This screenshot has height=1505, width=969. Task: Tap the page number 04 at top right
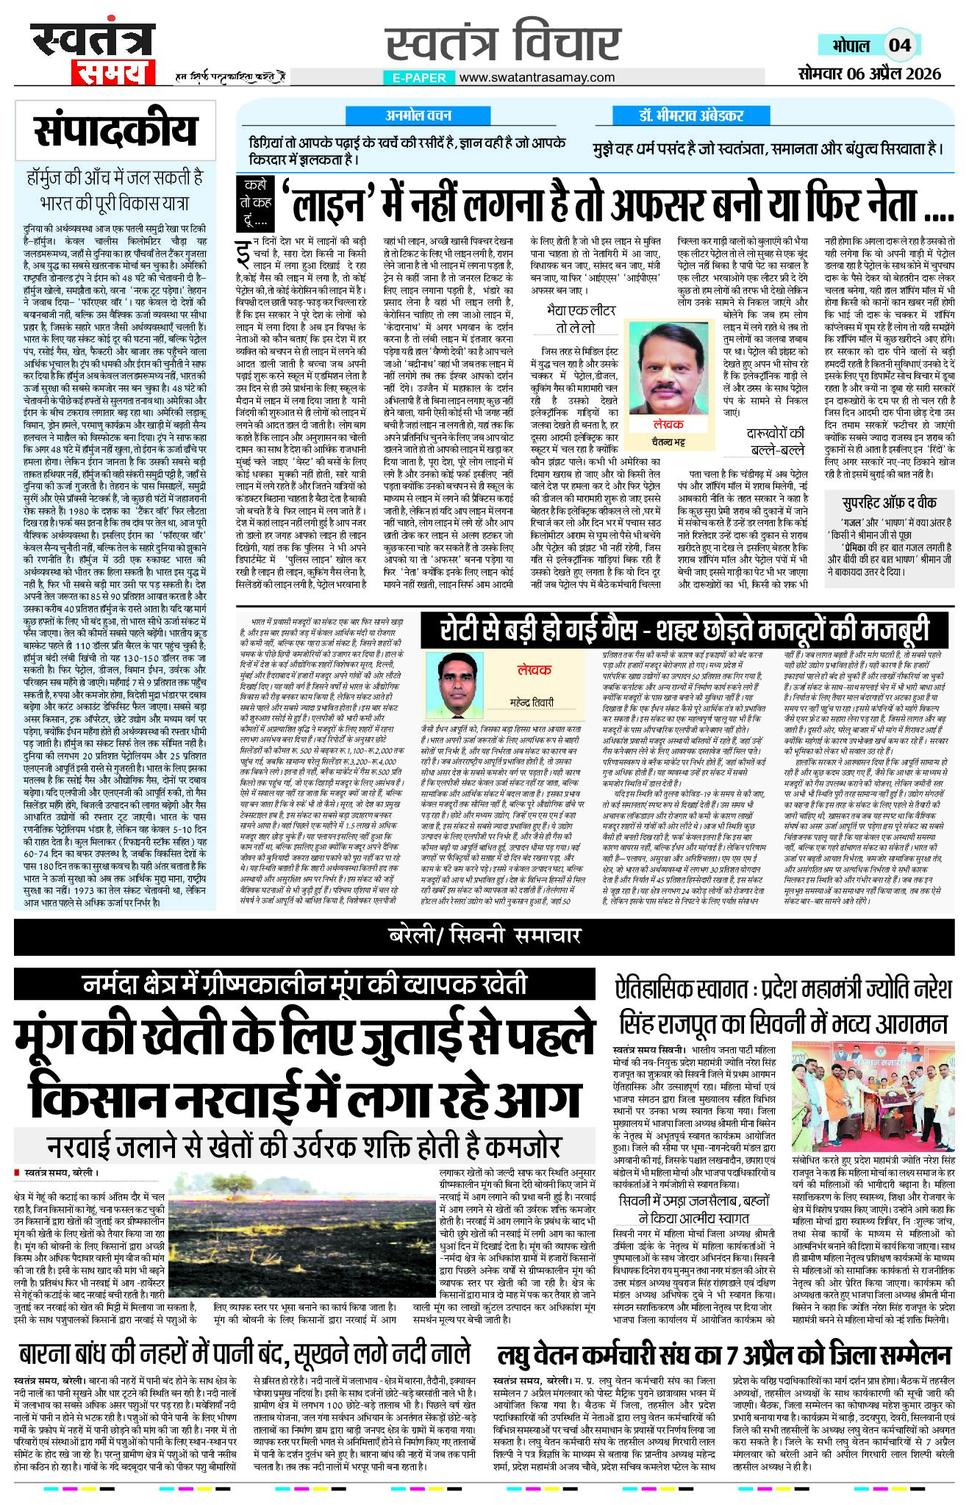(899, 45)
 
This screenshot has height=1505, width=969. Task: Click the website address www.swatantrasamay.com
(537, 77)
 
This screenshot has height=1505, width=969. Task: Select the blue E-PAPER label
(419, 77)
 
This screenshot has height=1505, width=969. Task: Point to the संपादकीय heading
(115, 132)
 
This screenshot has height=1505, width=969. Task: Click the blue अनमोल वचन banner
(418, 115)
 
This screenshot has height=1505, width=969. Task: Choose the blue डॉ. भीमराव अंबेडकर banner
(690, 115)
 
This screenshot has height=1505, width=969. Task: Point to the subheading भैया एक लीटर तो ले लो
(575, 318)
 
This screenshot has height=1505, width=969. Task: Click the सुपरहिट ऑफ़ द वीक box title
(890, 503)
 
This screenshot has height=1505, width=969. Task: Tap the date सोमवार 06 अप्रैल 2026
(869, 74)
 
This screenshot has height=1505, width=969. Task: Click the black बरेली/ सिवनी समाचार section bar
(484, 936)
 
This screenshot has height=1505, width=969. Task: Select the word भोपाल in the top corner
(851, 45)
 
